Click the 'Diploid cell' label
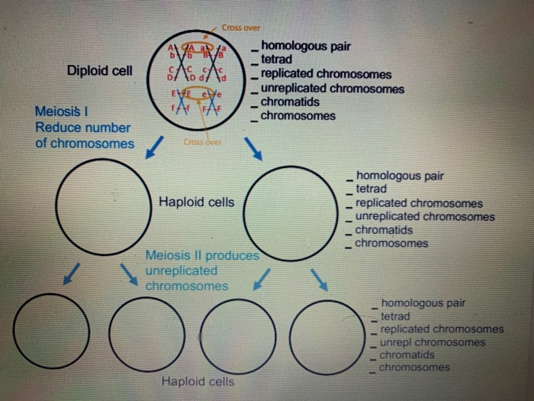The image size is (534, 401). (99, 70)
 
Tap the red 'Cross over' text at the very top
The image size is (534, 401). (242, 27)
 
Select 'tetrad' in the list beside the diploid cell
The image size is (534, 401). (276, 60)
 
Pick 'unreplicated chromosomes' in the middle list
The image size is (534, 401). (424, 216)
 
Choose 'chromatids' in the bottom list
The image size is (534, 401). (407, 354)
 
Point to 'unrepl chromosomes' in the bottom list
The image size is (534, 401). (432, 342)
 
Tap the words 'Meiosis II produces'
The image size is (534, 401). (201, 255)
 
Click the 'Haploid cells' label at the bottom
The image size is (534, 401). (198, 381)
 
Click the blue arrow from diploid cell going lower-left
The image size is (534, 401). (154, 144)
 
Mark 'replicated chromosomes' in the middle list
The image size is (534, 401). (419, 203)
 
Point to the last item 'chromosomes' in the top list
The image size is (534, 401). (298, 116)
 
